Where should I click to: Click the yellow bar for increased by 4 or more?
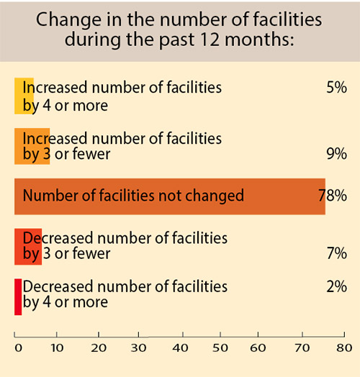(x=23, y=96)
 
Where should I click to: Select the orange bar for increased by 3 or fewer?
(x=32, y=146)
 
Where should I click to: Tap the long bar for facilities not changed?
(x=169, y=196)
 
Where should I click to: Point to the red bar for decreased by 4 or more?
(x=17, y=296)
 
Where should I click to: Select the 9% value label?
(x=337, y=153)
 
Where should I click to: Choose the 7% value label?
(x=337, y=253)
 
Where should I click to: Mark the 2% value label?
(x=337, y=286)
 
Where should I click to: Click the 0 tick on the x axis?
(x=19, y=346)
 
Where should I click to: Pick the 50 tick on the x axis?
(x=222, y=346)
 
